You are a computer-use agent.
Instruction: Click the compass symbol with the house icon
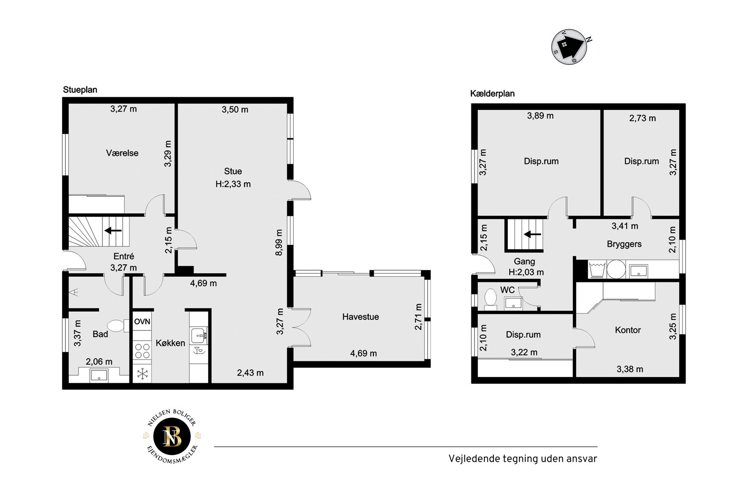[x=569, y=47]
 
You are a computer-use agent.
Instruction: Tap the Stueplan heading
[x=80, y=90]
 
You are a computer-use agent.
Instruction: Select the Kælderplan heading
[x=492, y=94]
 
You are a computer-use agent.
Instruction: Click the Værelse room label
[x=122, y=153]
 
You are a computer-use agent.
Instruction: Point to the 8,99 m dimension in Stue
[x=279, y=242]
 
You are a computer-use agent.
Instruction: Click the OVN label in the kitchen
[x=142, y=322]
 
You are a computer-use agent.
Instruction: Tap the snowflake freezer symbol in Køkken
[x=142, y=374]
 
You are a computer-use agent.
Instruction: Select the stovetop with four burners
[x=142, y=351]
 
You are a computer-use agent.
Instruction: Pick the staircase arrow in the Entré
[x=113, y=231]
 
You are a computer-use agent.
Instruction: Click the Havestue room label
[x=361, y=317]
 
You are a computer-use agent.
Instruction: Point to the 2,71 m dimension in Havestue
[x=418, y=317]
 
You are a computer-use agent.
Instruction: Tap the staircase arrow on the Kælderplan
[x=533, y=234]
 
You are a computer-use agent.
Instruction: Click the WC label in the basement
[x=507, y=290]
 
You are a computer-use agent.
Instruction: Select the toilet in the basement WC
[x=490, y=298]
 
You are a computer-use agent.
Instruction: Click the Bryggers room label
[x=624, y=244]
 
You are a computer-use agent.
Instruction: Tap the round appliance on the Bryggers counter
[x=616, y=269]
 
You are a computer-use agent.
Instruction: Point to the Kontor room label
[x=628, y=330]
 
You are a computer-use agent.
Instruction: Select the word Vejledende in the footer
[x=474, y=459]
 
